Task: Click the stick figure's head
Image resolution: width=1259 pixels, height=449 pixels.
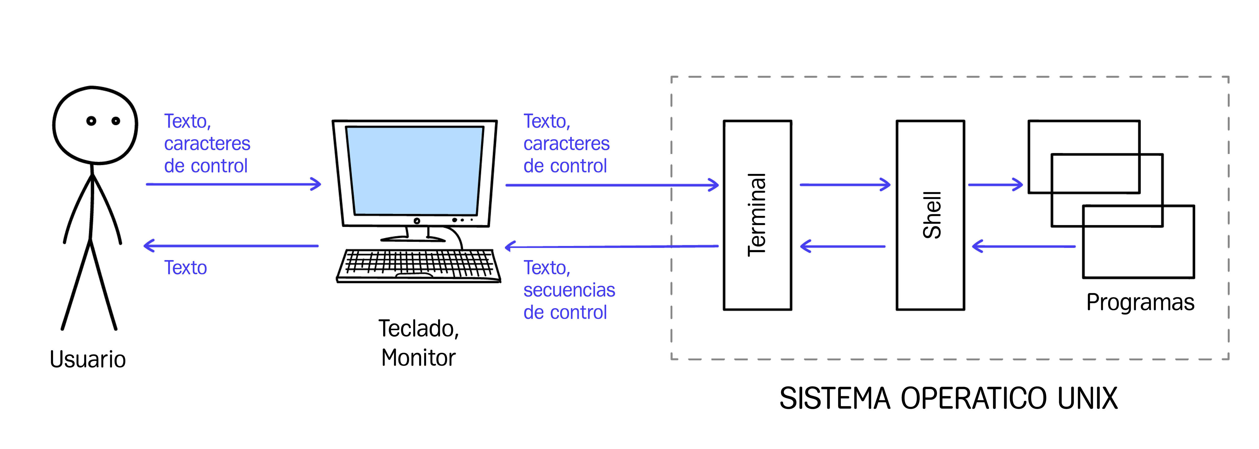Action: tap(95, 125)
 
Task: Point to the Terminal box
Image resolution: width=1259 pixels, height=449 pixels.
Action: tap(757, 215)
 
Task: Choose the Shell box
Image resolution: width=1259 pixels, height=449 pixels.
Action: tap(930, 215)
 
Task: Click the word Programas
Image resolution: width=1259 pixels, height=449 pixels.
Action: tap(1140, 303)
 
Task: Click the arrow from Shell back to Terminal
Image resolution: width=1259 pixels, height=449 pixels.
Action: tap(843, 246)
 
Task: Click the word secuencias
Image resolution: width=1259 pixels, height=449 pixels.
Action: tap(569, 290)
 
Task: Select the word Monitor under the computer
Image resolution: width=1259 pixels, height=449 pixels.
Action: tap(418, 358)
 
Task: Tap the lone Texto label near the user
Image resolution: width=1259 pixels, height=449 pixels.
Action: tap(185, 268)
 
